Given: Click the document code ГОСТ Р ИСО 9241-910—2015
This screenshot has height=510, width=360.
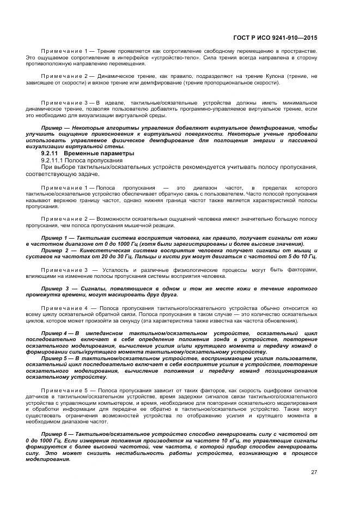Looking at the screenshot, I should click(x=275, y=38).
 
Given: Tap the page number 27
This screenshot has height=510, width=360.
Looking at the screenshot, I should click(x=314, y=472).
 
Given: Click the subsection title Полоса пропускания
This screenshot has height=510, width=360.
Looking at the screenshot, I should click(x=97, y=161).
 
